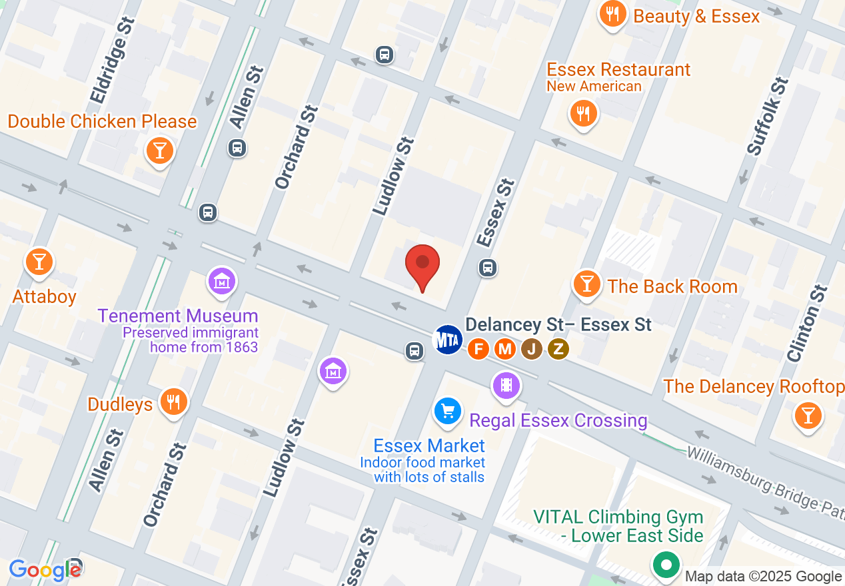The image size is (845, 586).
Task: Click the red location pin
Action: coord(422,264)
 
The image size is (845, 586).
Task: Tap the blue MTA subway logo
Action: coord(448,340)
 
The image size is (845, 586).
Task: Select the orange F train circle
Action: coord(478,348)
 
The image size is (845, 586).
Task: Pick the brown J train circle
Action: coord(531,348)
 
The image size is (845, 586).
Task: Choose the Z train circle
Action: coord(558,348)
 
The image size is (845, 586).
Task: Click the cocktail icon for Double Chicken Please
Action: coord(159,151)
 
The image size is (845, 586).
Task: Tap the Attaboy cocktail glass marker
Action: coord(39,262)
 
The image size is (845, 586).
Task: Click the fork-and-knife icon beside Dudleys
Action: coord(173,402)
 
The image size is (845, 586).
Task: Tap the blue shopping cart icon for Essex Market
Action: coord(448,412)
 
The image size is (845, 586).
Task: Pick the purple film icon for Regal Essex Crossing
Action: coord(506,385)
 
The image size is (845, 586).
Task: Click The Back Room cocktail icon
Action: coord(586,284)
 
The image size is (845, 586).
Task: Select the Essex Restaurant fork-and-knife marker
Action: coord(583,114)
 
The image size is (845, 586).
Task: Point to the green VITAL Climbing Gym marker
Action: coord(666,565)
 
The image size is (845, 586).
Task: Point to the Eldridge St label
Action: coord(113,61)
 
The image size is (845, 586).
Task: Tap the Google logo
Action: coord(45,570)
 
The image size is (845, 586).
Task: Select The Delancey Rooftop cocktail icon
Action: coord(808,416)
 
